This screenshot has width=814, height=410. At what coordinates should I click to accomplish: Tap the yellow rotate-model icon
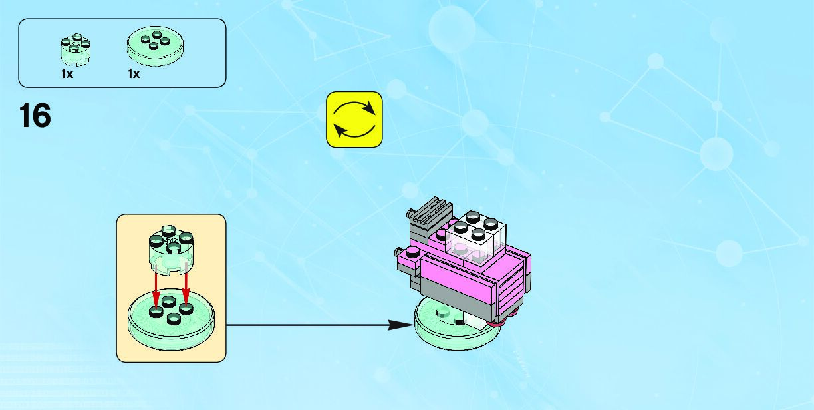coord(354,119)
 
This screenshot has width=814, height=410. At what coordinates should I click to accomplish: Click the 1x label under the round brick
coord(67,74)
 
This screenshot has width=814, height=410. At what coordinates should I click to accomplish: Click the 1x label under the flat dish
coord(134,74)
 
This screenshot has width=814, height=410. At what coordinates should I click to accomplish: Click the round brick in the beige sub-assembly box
coord(171,249)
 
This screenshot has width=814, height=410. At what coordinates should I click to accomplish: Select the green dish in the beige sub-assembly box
coord(172,319)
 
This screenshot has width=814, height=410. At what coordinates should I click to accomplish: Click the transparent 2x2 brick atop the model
coord(476,237)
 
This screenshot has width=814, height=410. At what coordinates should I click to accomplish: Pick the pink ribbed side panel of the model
coord(515,286)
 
